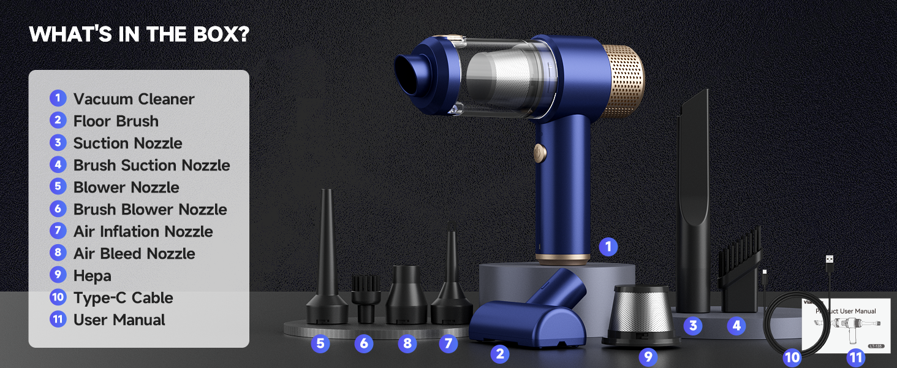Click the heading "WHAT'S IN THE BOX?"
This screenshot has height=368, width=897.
(x=139, y=34)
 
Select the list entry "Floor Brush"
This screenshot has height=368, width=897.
(x=116, y=121)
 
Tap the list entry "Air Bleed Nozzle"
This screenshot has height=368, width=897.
(x=134, y=253)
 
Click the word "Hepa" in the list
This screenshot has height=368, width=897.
(x=93, y=275)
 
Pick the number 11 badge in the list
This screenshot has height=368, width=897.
(x=58, y=320)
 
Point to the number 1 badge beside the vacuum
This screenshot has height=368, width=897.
(x=608, y=247)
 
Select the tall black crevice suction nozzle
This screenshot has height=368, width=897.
(x=693, y=202)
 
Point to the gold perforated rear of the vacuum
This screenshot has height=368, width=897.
(x=623, y=82)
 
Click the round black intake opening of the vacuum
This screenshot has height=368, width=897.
(x=408, y=73)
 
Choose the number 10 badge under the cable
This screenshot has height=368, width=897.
(x=792, y=357)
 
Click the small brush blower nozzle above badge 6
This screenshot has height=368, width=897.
(x=366, y=297)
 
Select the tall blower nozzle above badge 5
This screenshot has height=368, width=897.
(x=327, y=264)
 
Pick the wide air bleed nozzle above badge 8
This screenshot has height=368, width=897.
(x=406, y=294)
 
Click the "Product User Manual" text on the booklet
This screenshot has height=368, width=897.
(x=846, y=311)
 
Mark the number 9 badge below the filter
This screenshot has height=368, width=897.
(x=648, y=356)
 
